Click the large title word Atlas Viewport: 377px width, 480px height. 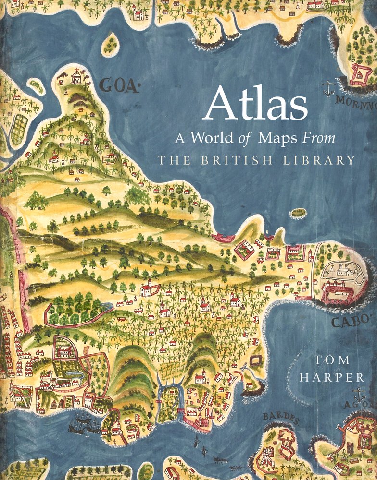(255, 104)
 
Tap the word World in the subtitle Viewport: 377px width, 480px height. (212, 138)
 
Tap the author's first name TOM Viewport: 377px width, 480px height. (332, 360)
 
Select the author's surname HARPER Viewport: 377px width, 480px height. (332, 378)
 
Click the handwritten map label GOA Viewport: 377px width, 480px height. (118, 86)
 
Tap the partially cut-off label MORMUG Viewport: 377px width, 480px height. (356, 102)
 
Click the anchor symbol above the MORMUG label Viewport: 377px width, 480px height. (328, 88)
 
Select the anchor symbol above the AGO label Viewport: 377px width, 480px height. (359, 396)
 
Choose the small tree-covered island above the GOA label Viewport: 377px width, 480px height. (110, 44)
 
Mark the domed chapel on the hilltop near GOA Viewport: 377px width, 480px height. (75, 76)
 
